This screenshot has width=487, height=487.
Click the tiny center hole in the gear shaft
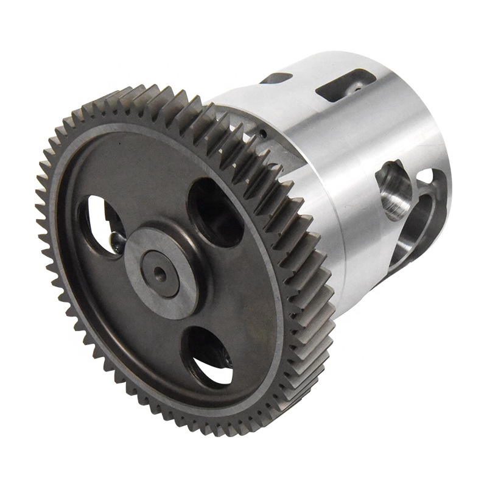tap(160, 271)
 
